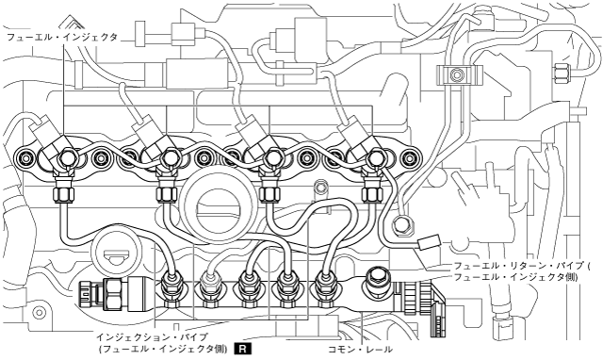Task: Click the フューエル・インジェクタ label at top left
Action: click(62, 38)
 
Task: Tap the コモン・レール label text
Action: click(360, 350)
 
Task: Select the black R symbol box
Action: click(244, 349)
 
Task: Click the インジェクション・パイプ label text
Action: click(153, 337)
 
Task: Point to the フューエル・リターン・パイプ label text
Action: click(520, 266)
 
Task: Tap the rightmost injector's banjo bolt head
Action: click(374, 157)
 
